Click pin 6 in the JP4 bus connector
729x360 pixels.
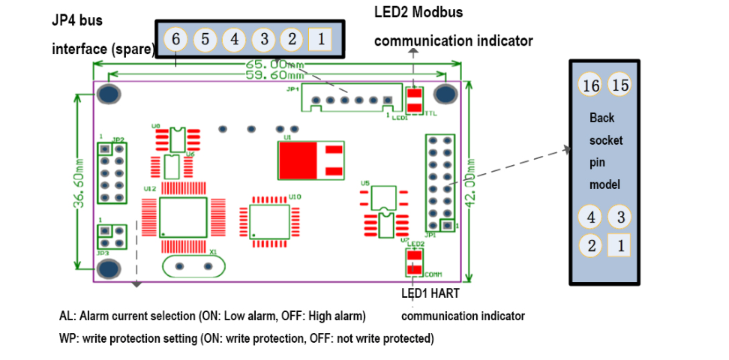pyautogui.click(x=175, y=39)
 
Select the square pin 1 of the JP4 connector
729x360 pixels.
pyautogui.click(x=320, y=38)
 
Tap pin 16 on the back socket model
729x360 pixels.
pyautogui.click(x=591, y=85)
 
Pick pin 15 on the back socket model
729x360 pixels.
pyautogui.click(x=620, y=85)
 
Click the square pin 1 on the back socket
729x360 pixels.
pyautogui.click(x=619, y=244)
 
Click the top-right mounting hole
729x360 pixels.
pyautogui.click(x=446, y=94)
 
